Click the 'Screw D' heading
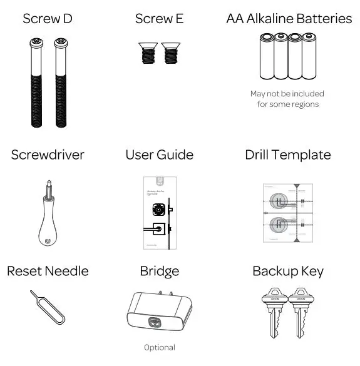point(47,18)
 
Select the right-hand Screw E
point(171,53)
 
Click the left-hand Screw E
point(147,53)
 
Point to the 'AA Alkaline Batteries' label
point(289,18)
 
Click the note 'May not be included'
point(287,94)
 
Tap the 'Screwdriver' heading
point(48,155)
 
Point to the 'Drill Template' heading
point(288,155)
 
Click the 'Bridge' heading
point(160,271)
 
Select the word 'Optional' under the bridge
point(160,347)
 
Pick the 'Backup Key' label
point(288,271)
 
